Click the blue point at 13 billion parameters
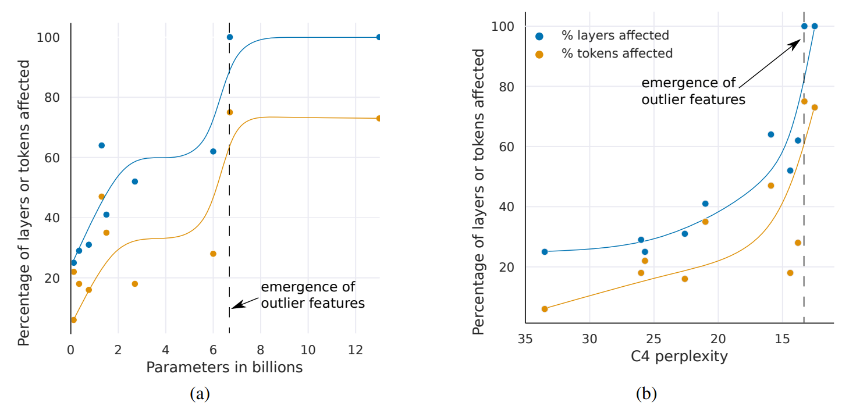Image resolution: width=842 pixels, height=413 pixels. coord(379,37)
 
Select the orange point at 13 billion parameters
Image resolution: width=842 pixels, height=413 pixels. coord(379,118)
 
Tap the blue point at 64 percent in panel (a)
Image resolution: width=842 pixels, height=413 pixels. coord(101,145)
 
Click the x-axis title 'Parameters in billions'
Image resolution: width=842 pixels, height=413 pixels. coord(224,368)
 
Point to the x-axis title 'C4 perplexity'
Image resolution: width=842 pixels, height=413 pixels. coord(679,356)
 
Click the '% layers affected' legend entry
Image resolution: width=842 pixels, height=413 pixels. coord(615,35)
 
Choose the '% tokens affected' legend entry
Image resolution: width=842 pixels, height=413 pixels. coord(617,54)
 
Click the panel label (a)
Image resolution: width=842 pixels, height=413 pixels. coord(200,394)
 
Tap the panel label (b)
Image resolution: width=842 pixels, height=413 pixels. coord(646,394)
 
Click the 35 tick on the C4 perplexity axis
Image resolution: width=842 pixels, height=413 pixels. coord(525,338)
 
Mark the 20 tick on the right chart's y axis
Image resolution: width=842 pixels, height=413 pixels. coord(508,268)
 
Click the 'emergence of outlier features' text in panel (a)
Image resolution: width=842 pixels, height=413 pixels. coord(312,295)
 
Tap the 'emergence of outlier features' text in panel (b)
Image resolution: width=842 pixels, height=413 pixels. coord(692,91)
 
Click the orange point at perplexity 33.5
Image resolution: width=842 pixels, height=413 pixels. coord(545,309)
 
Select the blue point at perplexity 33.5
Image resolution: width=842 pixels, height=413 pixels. coord(545,252)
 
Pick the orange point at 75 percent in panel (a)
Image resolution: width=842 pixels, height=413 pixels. coord(230,112)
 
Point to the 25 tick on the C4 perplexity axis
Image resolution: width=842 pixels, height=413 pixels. coord(654,338)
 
